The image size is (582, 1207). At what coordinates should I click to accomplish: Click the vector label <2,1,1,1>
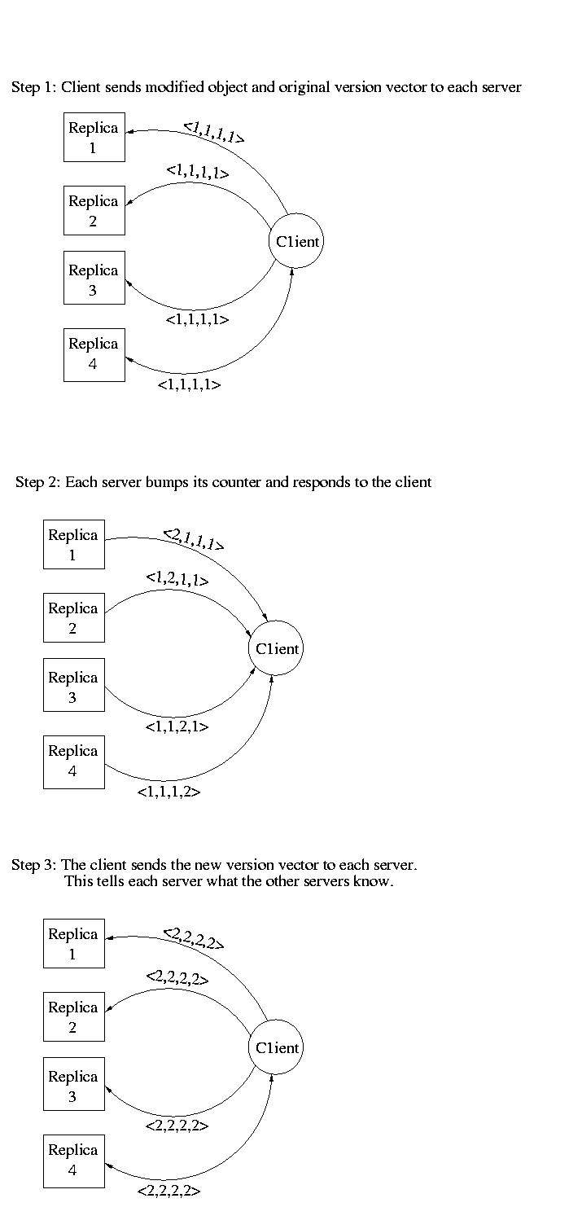193,539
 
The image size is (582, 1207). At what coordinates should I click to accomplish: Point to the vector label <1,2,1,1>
177,580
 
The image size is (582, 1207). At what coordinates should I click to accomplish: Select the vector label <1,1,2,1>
177,726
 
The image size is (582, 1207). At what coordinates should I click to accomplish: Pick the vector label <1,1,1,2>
169,792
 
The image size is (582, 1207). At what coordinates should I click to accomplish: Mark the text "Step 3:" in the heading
34,866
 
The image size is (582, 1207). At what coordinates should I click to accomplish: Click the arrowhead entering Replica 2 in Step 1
129,203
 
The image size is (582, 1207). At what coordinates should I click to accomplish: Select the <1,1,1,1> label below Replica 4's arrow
189,384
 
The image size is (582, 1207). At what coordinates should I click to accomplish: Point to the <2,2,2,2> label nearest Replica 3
177,1126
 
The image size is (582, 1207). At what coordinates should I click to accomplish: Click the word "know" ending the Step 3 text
371,881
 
